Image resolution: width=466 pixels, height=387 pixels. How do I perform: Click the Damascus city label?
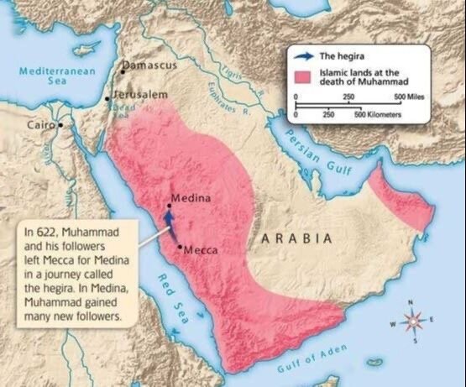[151, 64]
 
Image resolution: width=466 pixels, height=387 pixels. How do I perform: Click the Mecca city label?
[201, 249]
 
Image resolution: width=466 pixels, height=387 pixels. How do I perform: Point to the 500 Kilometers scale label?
[382, 112]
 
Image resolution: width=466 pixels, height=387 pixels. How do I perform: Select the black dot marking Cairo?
[60, 125]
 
